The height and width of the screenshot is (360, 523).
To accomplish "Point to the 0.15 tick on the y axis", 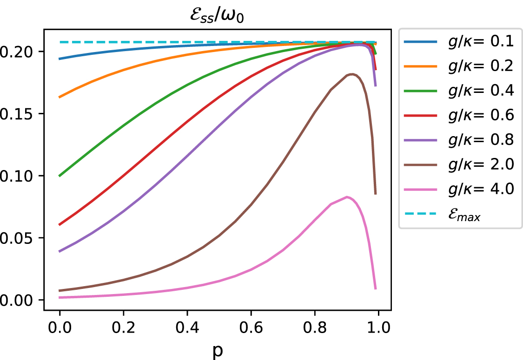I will (19, 114).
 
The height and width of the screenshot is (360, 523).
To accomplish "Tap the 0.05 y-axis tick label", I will (19, 238).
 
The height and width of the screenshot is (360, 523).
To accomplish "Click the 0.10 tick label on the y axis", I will (19, 176).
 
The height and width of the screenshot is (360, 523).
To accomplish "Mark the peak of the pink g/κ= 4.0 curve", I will (347, 197).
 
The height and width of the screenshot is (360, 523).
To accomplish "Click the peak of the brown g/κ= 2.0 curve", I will (352, 74).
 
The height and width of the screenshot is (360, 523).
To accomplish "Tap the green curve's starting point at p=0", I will (60, 176).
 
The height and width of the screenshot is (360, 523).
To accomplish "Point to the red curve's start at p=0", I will (60, 225).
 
